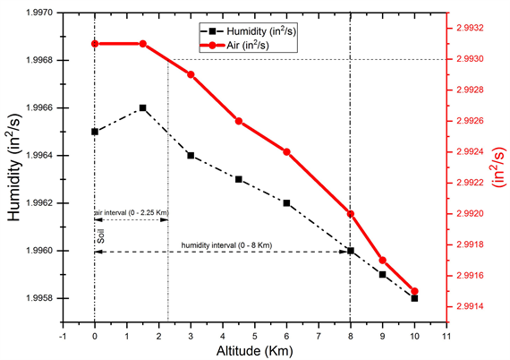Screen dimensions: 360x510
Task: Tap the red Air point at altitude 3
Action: (191, 74)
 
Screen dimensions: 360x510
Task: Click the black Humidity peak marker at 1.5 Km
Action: (142, 107)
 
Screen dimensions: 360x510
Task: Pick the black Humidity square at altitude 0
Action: (95, 132)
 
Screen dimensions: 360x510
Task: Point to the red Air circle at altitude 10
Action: (414, 291)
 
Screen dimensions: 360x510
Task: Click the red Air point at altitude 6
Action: (287, 151)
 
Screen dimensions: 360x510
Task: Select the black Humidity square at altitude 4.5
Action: (239, 179)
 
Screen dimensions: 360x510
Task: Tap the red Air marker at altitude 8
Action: (351, 213)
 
